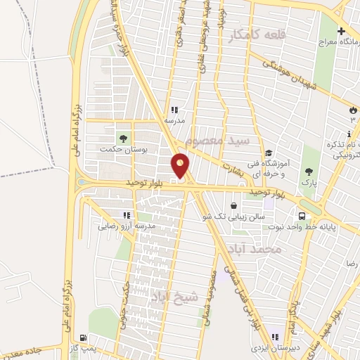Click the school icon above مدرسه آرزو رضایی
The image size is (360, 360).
(126, 215)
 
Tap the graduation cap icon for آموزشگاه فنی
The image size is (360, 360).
(269, 154)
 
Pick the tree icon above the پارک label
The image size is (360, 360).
(308, 171)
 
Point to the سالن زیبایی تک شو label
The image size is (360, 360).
(241, 217)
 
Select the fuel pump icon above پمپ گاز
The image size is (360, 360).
(84, 338)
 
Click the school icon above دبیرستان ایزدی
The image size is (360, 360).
(275, 337)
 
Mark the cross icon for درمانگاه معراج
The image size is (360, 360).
(342, 32)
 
